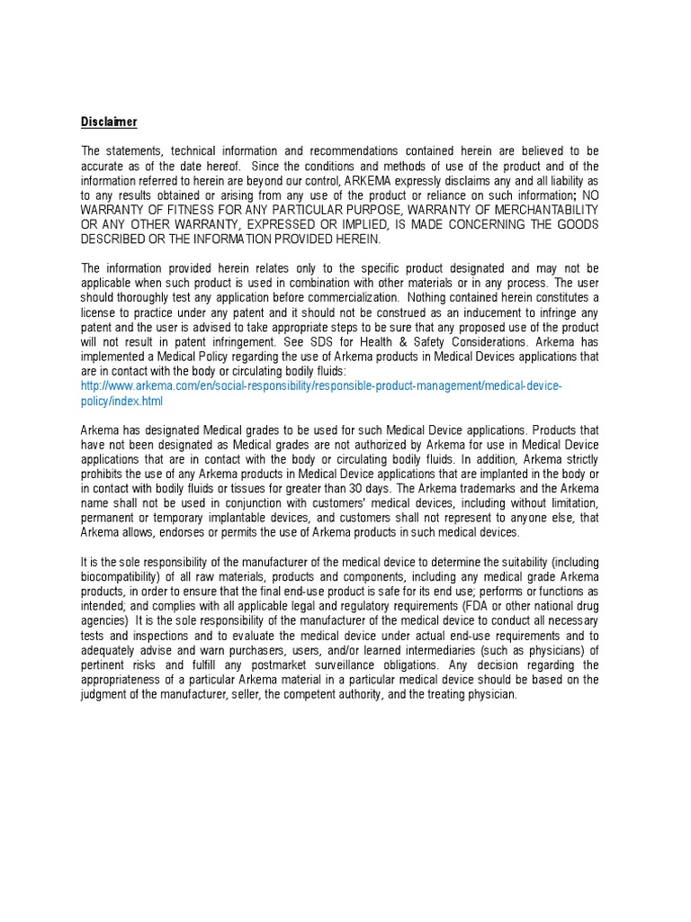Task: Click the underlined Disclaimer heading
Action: pos(109,122)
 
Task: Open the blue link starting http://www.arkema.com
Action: pos(321,385)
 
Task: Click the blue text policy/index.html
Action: pos(122,401)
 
